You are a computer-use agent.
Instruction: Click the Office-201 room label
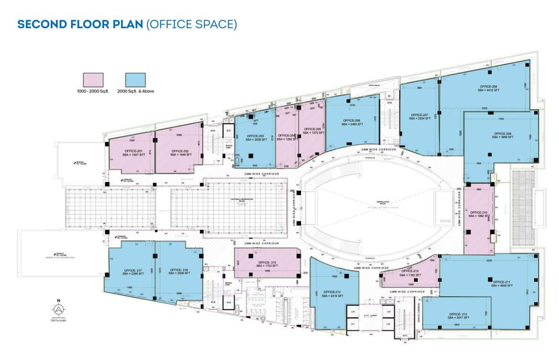click(132, 152)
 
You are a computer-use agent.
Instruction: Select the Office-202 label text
click(179, 152)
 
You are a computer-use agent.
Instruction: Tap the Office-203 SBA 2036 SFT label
click(254, 137)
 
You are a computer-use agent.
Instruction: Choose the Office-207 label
click(419, 117)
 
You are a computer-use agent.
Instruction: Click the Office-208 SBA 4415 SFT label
click(488, 89)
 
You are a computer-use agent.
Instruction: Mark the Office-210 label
click(478, 214)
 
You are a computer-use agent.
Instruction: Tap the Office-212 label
click(459, 315)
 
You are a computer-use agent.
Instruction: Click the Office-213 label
click(410, 273)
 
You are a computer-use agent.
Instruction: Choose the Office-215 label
click(267, 264)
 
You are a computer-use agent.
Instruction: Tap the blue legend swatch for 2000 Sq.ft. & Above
click(135, 79)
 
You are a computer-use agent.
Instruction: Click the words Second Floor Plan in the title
click(80, 24)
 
